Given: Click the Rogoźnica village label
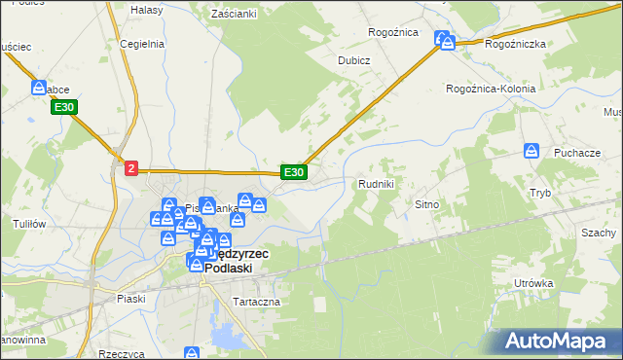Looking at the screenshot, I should click(392, 32).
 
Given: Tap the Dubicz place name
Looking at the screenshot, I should click(354, 59).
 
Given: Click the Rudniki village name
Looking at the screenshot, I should click(376, 183).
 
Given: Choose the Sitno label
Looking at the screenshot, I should click(428, 205).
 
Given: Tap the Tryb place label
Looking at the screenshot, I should click(540, 193).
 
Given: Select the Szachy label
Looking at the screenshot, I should click(599, 234).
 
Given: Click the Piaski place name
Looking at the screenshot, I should click(129, 299).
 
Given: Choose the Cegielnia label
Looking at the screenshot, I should click(140, 44).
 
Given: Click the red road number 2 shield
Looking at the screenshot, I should click(131, 168).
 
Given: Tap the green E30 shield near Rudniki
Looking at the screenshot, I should click(294, 172).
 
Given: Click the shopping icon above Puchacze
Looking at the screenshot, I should click(531, 151).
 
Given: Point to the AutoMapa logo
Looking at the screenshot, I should click(561, 340).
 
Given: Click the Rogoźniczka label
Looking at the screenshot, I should click(515, 44).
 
